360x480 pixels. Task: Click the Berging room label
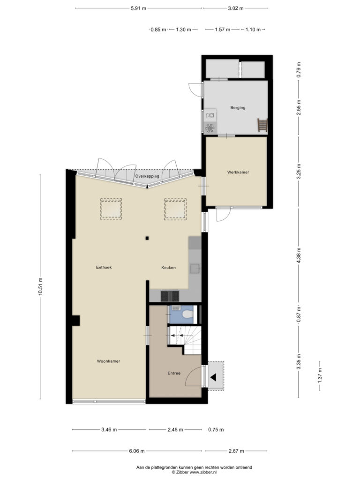click(x=238, y=108)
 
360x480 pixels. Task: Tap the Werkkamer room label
click(x=238, y=172)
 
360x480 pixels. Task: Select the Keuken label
click(x=169, y=268)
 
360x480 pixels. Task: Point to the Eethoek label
click(x=104, y=267)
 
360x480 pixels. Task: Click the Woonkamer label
click(x=109, y=361)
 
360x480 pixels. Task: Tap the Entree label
click(x=174, y=373)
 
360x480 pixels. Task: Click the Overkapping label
click(x=147, y=176)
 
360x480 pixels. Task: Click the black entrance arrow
click(x=213, y=377)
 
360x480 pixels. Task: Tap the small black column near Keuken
click(x=147, y=238)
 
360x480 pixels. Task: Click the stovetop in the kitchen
click(x=170, y=296)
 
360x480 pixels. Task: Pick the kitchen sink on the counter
click(x=195, y=269)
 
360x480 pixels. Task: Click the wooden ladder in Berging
click(x=262, y=125)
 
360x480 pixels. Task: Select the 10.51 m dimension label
click(x=40, y=287)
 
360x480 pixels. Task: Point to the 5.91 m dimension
click(x=139, y=8)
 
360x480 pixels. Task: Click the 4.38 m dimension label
click(x=299, y=255)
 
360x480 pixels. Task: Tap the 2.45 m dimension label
click(x=175, y=430)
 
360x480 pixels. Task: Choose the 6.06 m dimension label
click(x=137, y=451)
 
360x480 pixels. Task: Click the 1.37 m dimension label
click(x=320, y=375)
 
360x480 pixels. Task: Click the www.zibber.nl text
click(x=203, y=472)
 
